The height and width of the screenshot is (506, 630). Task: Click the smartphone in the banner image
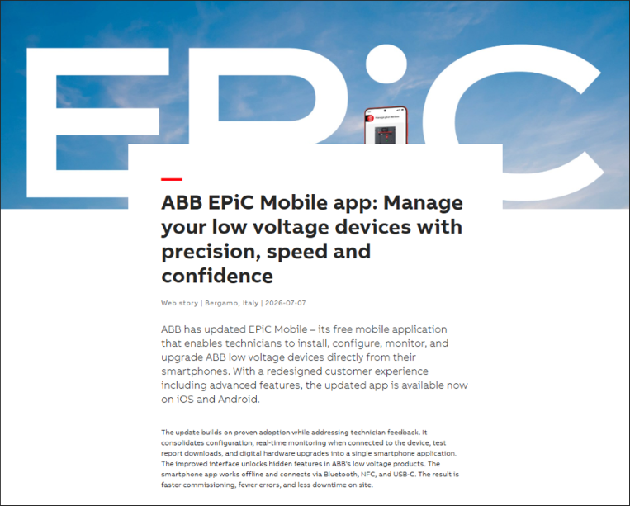click(x=386, y=125)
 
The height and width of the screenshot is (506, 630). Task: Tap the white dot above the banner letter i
click(x=386, y=64)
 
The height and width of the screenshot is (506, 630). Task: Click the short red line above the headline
click(x=172, y=179)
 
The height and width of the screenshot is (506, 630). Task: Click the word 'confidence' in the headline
click(x=217, y=276)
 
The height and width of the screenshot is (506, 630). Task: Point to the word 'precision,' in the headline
click(x=211, y=253)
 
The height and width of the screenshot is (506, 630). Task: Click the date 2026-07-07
click(x=285, y=303)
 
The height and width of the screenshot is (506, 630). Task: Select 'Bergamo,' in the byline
click(x=221, y=303)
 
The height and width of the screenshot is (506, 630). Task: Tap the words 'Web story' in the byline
click(x=180, y=303)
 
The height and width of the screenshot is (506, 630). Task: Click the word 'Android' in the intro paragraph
click(x=239, y=400)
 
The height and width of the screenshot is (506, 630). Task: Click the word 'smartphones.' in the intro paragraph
click(x=195, y=371)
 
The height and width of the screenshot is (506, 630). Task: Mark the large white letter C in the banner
click(x=438, y=121)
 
